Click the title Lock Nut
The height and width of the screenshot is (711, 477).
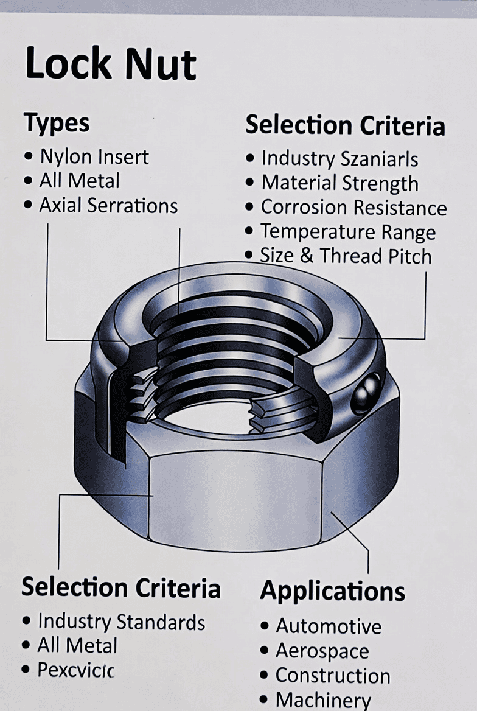(111, 64)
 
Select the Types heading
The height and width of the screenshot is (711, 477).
(57, 123)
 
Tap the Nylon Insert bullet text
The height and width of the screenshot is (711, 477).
(94, 157)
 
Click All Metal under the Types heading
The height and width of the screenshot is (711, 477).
(79, 181)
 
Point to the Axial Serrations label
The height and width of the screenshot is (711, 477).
(108, 206)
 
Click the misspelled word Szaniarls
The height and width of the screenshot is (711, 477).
(380, 159)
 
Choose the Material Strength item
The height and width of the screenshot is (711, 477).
(339, 183)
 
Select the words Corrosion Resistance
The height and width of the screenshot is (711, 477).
(353, 208)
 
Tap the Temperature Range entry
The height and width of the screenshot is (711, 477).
(348, 232)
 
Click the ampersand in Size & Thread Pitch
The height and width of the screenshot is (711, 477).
(307, 256)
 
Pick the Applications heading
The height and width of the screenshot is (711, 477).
(332, 591)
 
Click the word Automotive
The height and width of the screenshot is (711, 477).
(329, 626)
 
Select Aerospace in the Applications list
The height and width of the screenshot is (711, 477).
(322, 651)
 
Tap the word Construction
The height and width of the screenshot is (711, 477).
(333, 676)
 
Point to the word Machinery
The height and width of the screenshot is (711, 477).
(322, 700)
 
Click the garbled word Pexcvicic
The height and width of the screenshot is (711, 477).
(76, 670)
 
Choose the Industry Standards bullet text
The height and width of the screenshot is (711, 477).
(121, 622)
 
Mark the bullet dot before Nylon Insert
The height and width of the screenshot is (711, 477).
(29, 157)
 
